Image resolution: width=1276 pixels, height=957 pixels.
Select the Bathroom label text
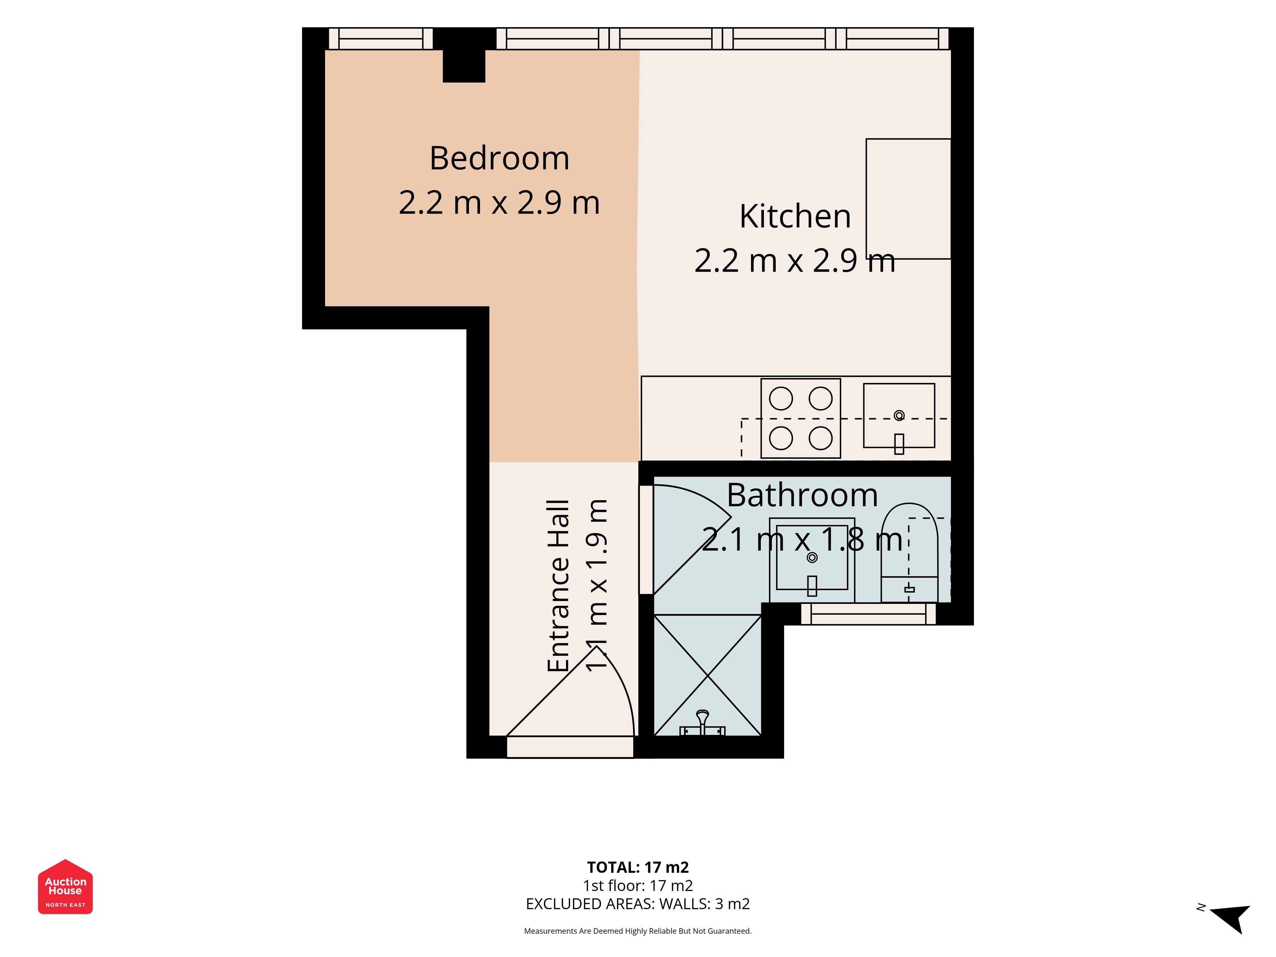(802, 495)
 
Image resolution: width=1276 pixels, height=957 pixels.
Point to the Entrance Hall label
(558, 586)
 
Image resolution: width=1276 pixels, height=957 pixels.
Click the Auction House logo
(65, 887)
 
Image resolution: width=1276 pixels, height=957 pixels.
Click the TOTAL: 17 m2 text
(638, 868)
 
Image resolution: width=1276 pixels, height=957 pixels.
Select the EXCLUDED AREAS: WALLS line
(638, 904)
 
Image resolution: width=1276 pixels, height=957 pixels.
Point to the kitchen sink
(899, 415)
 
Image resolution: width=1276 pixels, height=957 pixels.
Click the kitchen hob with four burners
(801, 418)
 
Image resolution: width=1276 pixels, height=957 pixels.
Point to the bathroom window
(868, 614)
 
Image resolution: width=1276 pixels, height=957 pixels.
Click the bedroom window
(381, 39)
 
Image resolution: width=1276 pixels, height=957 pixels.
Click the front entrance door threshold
(570, 747)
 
